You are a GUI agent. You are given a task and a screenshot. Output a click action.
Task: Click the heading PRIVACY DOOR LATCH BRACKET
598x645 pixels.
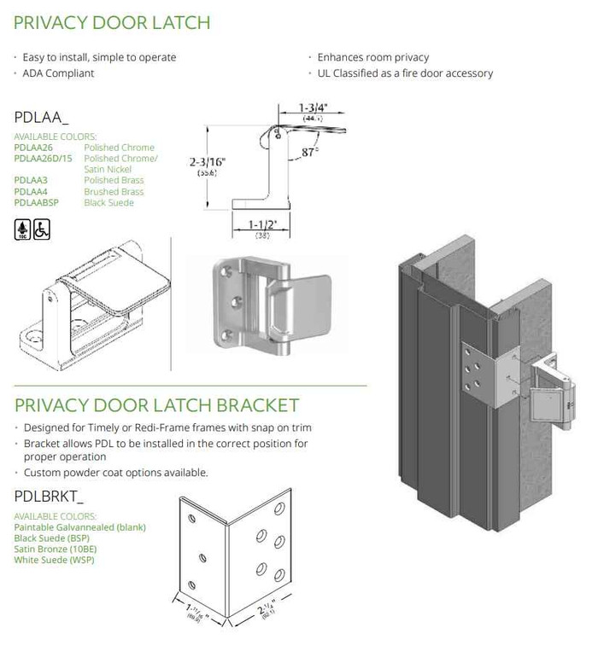click(156, 404)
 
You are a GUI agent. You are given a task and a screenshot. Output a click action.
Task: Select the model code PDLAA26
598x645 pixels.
click(33, 148)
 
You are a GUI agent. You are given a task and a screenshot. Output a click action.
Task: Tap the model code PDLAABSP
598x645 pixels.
click(38, 203)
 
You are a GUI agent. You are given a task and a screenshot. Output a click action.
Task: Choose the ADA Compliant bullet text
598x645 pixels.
click(58, 73)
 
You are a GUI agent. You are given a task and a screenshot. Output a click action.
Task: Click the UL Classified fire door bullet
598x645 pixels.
click(405, 73)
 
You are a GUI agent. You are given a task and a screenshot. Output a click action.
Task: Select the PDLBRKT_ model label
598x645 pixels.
click(50, 494)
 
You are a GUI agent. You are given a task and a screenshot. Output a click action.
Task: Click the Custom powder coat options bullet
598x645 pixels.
click(115, 472)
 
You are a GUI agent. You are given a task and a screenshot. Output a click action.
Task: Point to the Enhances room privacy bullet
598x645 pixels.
click(372, 57)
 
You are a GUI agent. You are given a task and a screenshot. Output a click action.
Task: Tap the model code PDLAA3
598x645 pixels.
click(31, 180)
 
